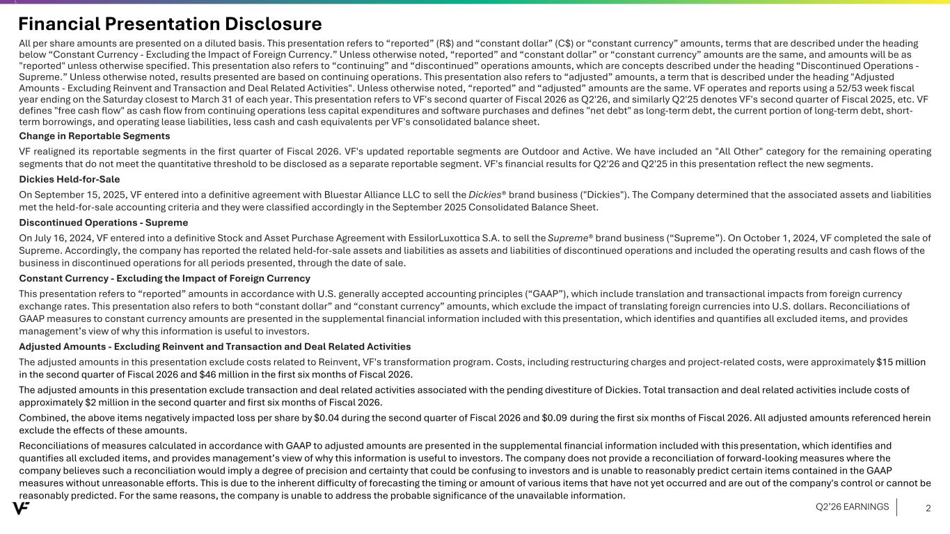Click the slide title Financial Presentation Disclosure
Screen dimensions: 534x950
pos(170,24)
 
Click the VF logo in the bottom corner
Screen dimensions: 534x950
pos(22,508)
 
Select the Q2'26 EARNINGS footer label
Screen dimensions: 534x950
pos(852,507)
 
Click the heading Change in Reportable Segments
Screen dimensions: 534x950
pos(94,136)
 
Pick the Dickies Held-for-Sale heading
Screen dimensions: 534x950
pos(69,179)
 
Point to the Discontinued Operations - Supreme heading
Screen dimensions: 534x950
pos(103,222)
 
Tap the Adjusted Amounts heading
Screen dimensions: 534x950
pos(214,346)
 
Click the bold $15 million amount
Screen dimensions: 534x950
pos(901,362)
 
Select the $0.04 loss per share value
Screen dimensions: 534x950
pos(328,417)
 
